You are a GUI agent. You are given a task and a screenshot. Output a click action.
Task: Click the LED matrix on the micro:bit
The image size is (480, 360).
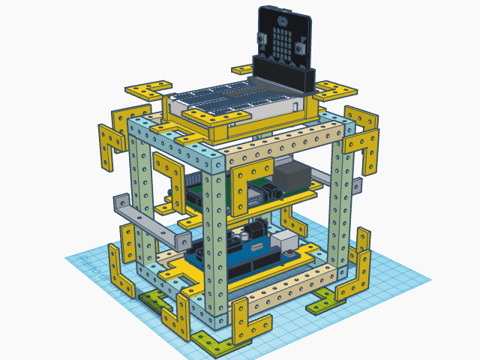click(282, 39)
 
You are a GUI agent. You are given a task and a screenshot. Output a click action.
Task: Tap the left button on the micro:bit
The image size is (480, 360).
click(262, 40)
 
